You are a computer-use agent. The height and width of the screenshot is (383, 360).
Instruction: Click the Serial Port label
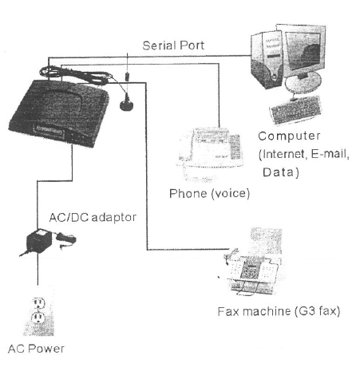(173, 45)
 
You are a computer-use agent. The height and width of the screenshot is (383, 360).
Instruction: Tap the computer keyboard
(295, 109)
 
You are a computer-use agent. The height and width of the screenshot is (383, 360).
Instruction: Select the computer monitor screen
(303, 50)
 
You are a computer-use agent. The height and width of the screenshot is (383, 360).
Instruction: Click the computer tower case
(267, 60)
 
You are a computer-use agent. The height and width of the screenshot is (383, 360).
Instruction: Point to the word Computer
(289, 136)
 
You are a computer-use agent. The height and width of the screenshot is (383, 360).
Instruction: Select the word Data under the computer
(279, 172)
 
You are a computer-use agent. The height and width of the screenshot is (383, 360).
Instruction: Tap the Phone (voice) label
(210, 193)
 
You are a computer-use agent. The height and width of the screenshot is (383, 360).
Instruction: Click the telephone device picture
(210, 154)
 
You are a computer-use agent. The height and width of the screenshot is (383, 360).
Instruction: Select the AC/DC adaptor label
(93, 218)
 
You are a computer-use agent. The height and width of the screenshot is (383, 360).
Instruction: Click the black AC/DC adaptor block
(38, 241)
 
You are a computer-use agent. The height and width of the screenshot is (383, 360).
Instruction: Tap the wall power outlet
(39, 311)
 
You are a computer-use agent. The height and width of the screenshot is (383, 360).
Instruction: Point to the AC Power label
(36, 349)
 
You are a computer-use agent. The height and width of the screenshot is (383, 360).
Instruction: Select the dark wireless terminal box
(59, 113)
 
